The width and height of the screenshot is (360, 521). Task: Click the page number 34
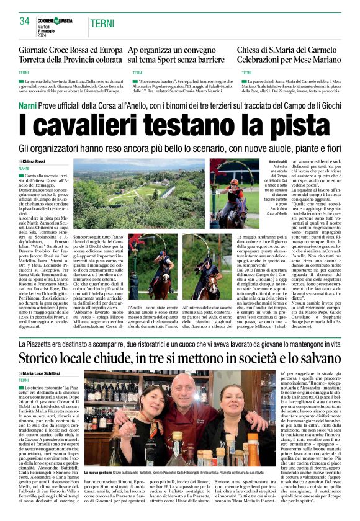click(25, 22)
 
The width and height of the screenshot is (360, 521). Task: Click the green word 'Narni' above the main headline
click(29, 105)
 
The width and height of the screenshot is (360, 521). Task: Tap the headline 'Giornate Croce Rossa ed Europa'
click(71, 50)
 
